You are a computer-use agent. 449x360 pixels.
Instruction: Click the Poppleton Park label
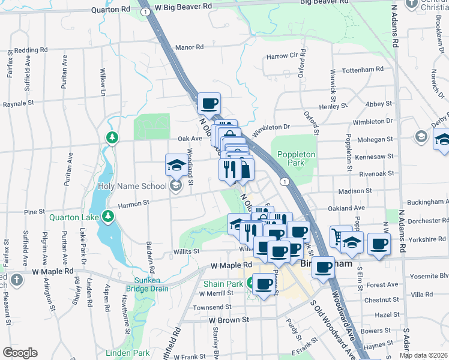[296, 158]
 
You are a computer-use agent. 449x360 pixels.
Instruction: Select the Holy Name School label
[132, 186]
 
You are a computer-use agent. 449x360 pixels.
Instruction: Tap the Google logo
[20, 353]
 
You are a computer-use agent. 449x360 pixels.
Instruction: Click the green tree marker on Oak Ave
[112, 138]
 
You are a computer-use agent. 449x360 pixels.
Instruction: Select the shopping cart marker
[341, 236]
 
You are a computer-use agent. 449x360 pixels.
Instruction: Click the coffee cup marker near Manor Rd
[209, 104]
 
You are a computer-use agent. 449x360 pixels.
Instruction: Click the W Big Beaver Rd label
[183, 5]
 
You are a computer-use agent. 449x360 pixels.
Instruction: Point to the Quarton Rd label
[110, 10]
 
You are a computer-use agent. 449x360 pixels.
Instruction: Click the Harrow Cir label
[282, 56]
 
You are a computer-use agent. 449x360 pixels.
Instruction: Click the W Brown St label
[229, 320]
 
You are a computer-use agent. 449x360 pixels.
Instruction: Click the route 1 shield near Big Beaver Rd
[144, 11]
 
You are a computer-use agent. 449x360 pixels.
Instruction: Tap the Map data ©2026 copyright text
[424, 355]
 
